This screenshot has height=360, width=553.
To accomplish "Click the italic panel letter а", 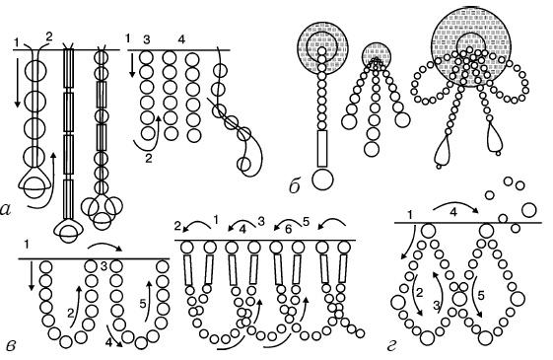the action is coord(7,210).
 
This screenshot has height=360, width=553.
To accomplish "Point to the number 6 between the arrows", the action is coord(289,229).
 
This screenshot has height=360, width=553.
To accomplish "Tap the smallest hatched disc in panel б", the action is coord(377,56).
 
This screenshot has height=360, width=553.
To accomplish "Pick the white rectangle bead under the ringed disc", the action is coord(322,148).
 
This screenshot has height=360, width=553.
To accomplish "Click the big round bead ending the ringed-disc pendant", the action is coord(322,180).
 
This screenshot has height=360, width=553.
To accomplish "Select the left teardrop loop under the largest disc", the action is coord(442,151).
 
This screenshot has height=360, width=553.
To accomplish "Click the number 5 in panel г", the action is coord(481,296).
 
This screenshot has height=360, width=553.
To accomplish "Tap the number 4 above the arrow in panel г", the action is coord(453,213).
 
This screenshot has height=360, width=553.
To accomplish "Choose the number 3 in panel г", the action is coord(437,307).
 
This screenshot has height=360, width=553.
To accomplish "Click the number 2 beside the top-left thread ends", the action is coord(48,36).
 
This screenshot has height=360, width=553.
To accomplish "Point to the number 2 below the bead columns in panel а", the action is coord(149,159).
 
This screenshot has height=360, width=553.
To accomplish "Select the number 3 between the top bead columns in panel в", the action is coord(104,266).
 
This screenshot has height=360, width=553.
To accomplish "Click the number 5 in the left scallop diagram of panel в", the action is coord(143,304).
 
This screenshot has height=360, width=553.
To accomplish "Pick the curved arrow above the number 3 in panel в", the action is coord(104,246).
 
